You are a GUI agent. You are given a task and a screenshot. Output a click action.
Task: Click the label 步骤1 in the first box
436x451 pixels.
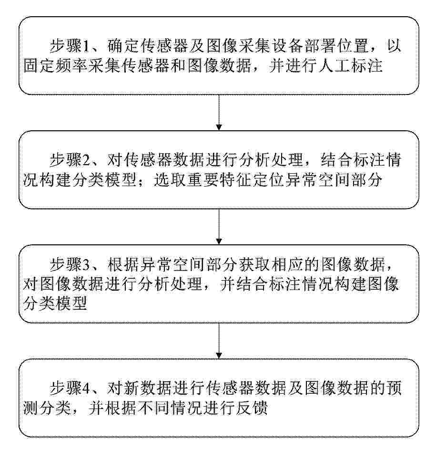click(70, 46)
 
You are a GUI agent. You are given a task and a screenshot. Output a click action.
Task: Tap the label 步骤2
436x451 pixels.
click(70, 160)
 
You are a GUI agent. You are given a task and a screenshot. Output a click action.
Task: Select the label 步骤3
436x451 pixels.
click(70, 264)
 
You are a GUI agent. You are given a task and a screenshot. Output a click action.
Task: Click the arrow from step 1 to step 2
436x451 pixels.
click(219, 113)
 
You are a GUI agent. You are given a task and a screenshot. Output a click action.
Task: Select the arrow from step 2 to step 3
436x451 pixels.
click(219, 227)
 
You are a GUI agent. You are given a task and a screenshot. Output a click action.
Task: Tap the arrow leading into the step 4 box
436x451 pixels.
click(219, 341)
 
